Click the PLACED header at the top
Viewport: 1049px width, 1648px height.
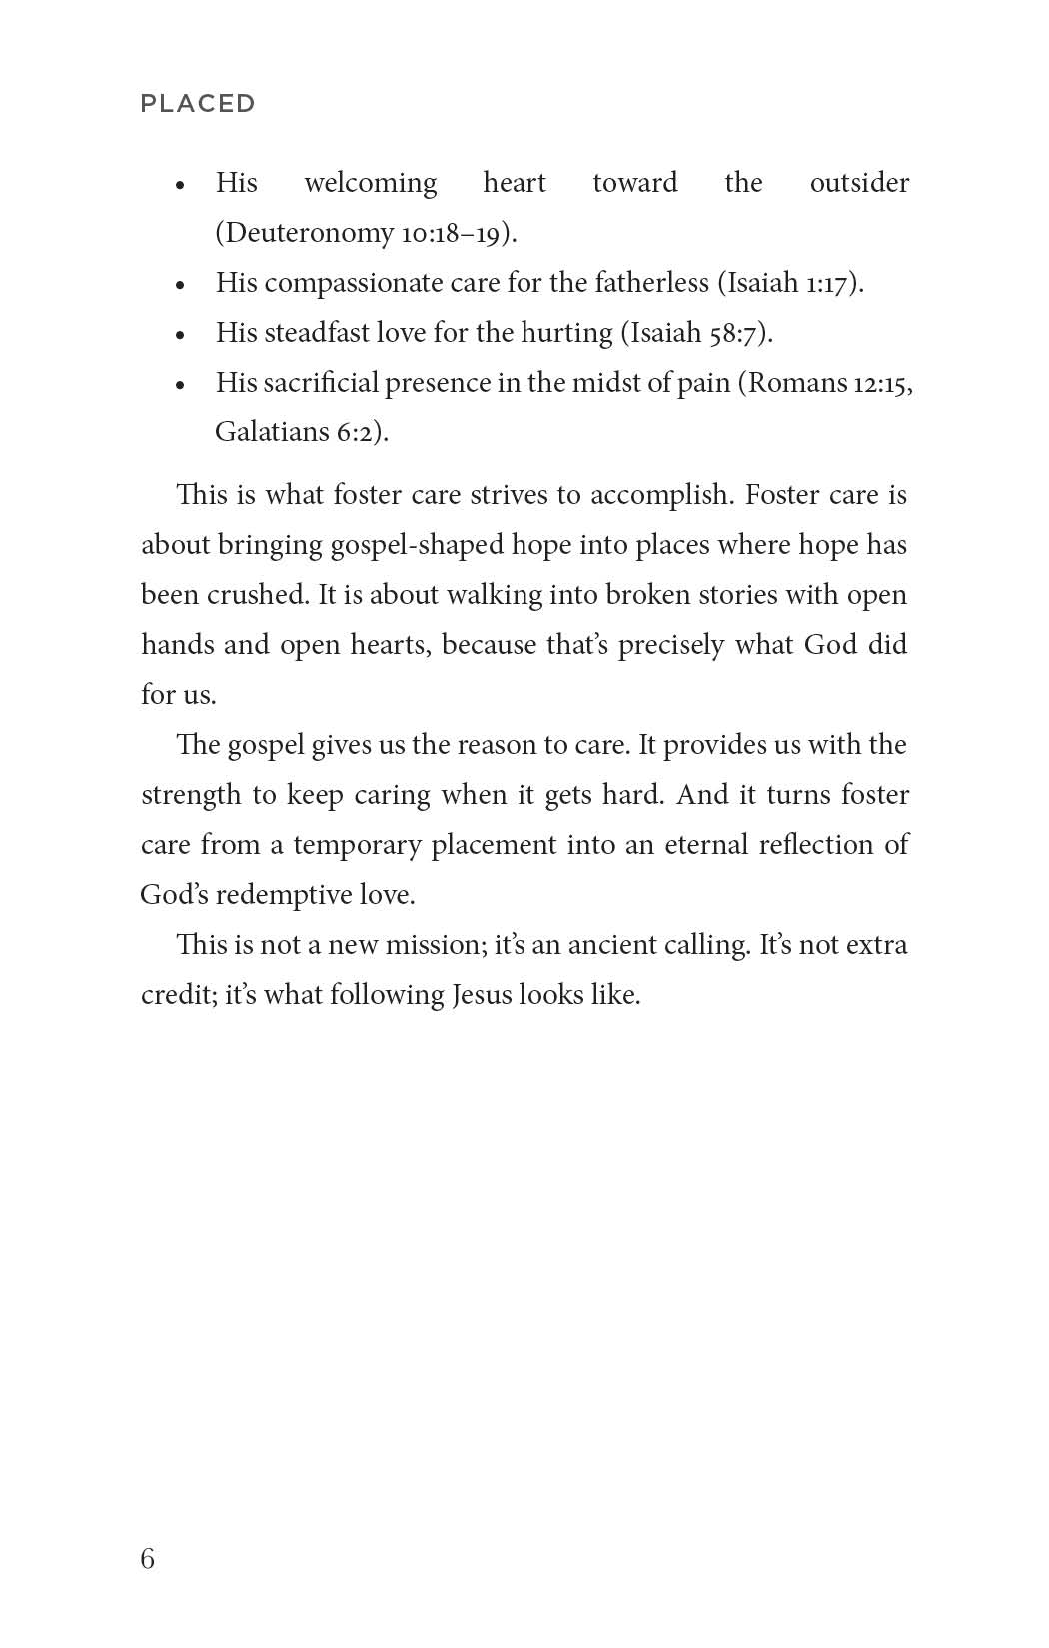198,103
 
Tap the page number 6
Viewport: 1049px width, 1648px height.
148,1559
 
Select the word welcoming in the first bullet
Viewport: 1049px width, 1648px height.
370,183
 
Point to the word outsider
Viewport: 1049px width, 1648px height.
859,183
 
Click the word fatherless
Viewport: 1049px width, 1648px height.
651,283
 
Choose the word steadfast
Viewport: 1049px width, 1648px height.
315,333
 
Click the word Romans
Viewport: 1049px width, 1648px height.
796,383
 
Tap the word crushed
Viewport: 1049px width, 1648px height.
256,595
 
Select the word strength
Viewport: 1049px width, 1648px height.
191,796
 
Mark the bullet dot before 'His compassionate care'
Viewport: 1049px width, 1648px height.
180,285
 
